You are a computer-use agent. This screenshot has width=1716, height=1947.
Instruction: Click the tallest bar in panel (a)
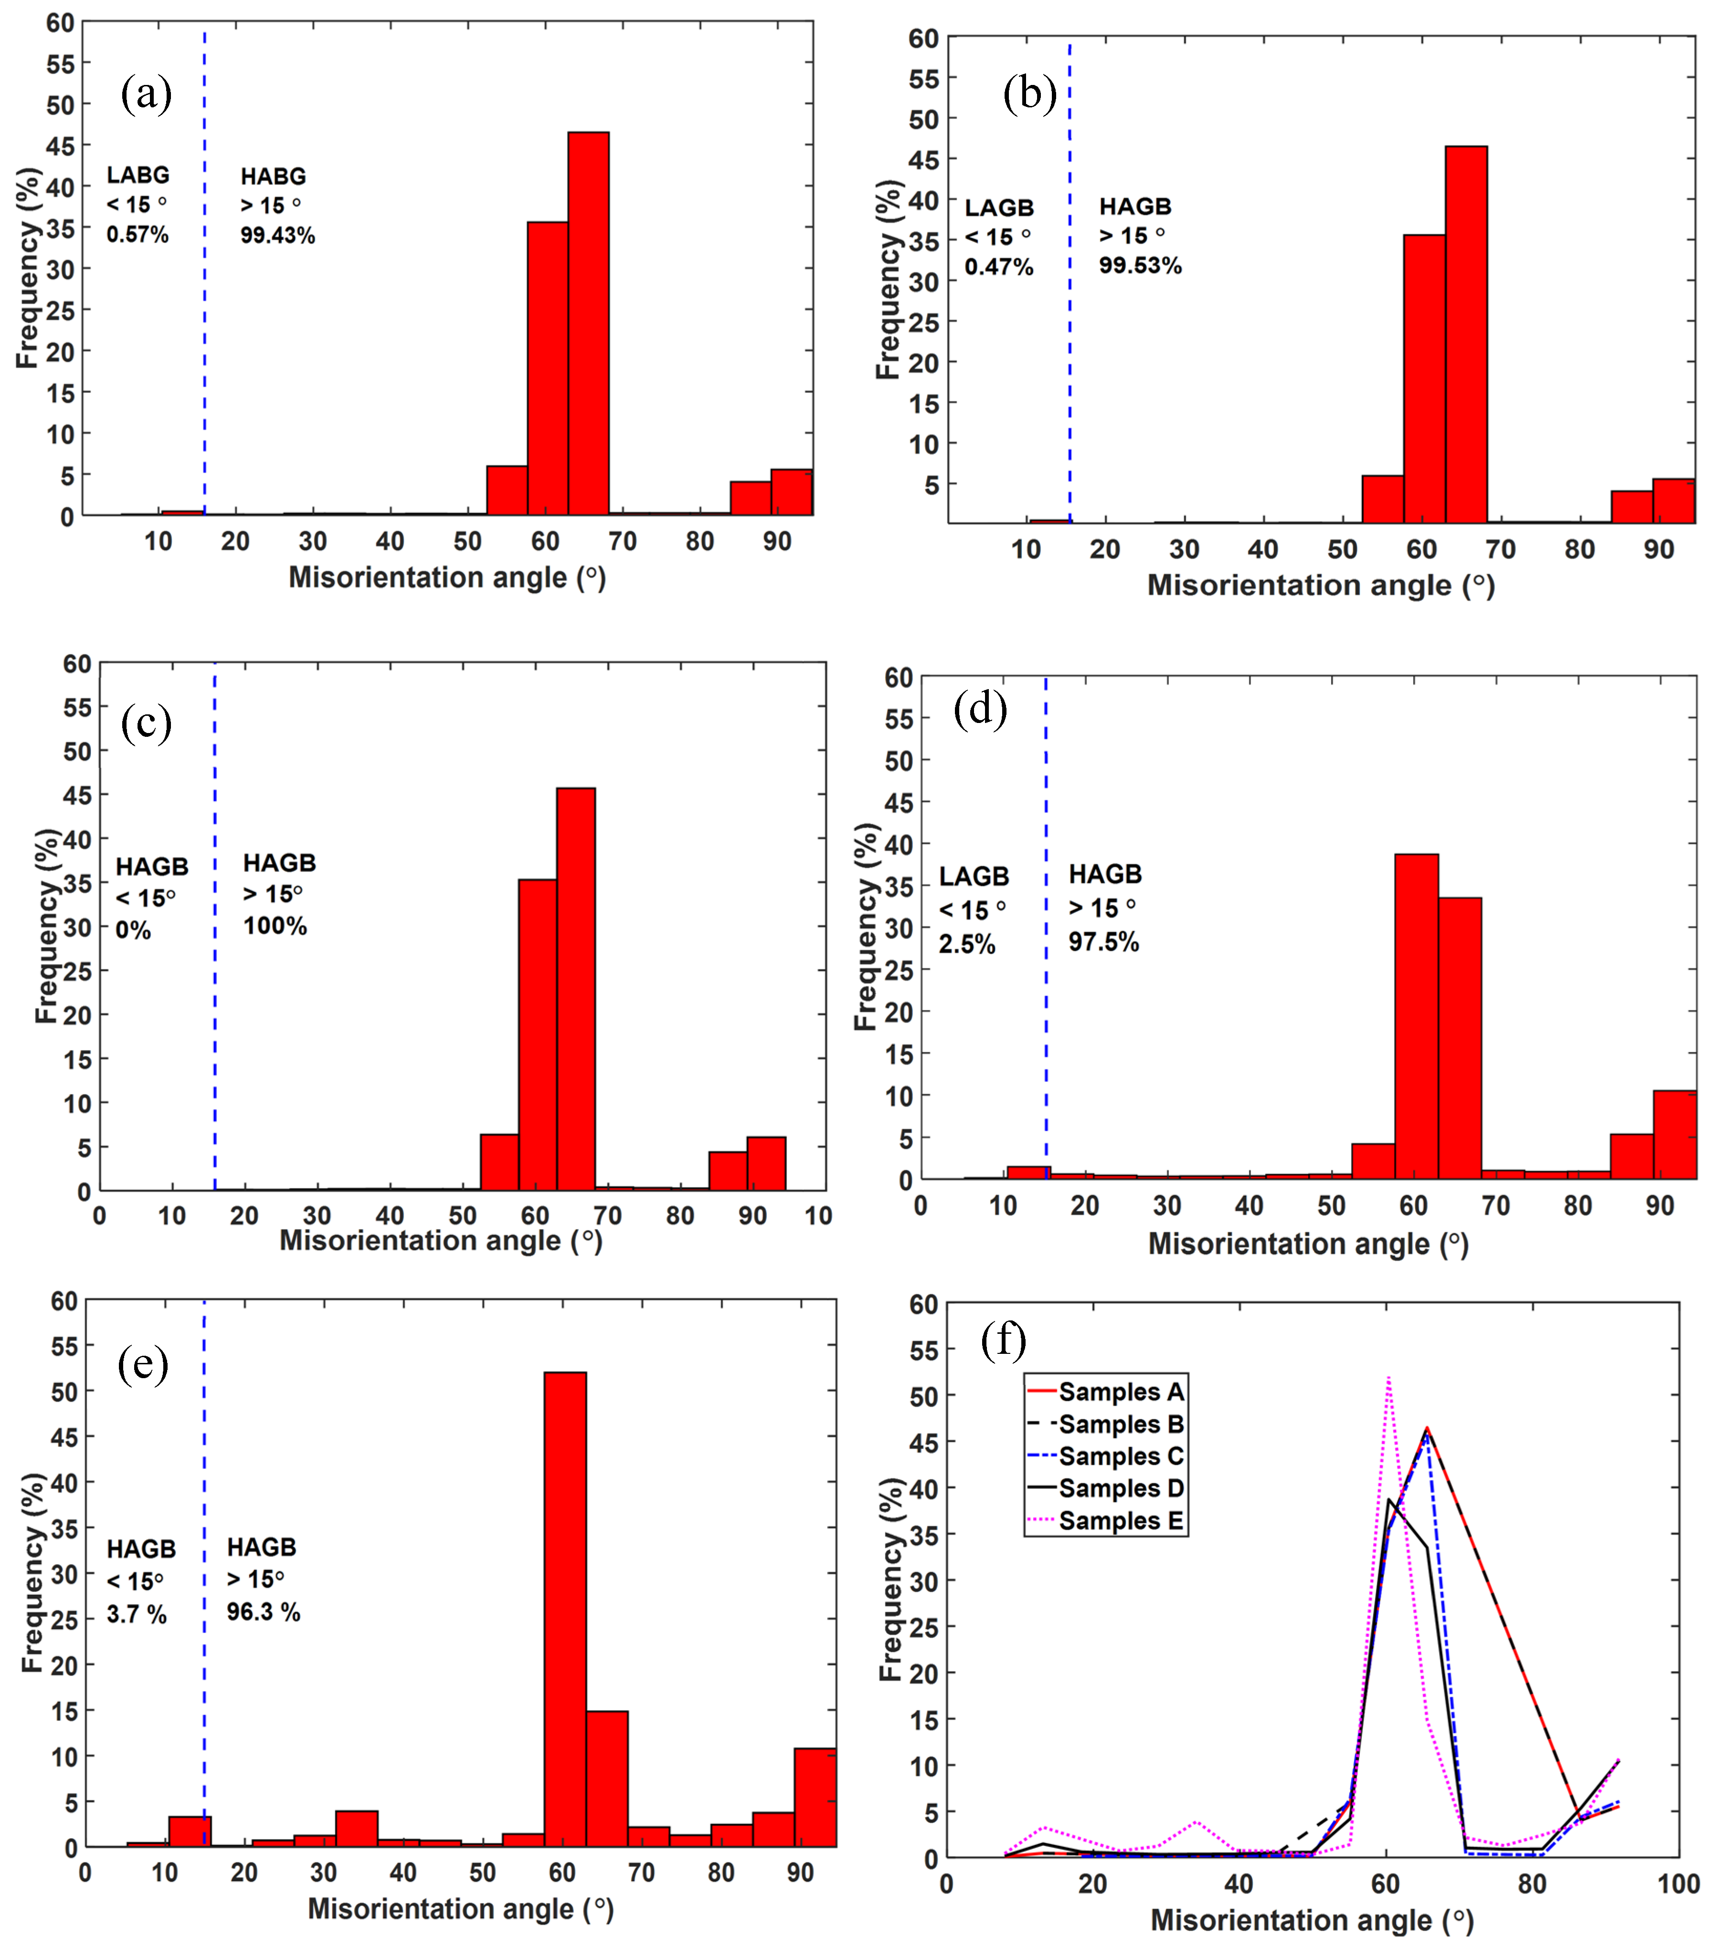point(588,324)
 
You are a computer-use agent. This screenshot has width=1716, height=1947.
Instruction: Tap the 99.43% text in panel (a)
point(277,235)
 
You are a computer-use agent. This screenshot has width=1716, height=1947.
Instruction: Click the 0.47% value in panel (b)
point(998,267)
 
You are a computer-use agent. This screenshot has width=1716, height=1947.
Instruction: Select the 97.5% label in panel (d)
point(1103,942)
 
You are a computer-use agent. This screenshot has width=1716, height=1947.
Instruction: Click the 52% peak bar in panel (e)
point(565,1610)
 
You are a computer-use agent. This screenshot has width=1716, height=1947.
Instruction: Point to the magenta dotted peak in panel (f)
point(1388,1378)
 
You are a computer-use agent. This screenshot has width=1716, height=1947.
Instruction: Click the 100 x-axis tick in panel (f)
point(1678,1884)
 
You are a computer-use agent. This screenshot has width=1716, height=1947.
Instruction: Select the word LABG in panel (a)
point(138,175)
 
